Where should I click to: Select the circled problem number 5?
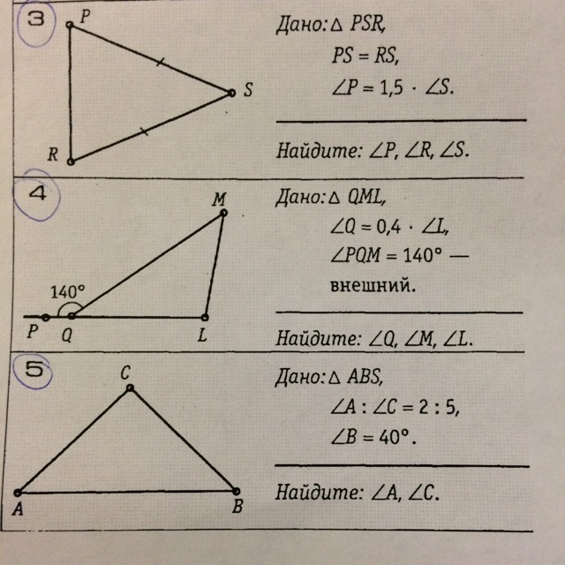34,372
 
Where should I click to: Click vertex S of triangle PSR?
231,92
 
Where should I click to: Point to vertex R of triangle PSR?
71,162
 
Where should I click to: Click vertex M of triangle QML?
223,212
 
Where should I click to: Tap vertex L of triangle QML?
205,317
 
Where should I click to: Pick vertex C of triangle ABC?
130,388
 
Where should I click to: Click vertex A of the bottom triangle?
18,492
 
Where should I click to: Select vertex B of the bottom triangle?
236,491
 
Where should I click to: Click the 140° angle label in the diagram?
68,290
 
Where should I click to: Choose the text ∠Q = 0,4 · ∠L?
388,228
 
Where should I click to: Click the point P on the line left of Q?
46,317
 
